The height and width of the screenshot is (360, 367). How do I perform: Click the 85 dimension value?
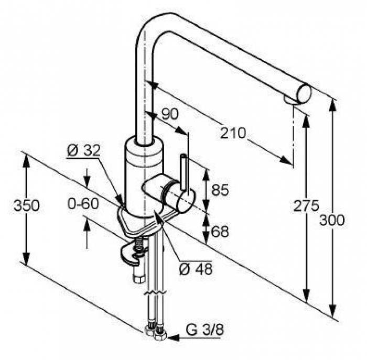click(220, 190)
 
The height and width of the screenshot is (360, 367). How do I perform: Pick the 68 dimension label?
click(220, 231)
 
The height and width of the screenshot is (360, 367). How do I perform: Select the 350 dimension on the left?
click(26, 206)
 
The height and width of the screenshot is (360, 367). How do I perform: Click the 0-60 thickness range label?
click(83, 203)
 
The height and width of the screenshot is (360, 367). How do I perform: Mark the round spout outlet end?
click(304, 94)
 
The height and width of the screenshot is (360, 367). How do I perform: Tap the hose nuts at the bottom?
click(155, 331)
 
